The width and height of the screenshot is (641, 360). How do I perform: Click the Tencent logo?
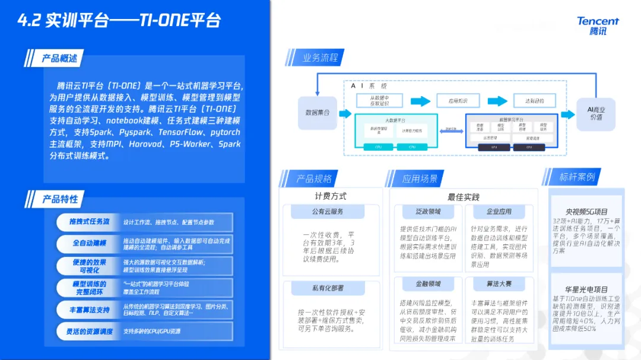point(598,26)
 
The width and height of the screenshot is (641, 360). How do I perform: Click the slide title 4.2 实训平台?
point(119,20)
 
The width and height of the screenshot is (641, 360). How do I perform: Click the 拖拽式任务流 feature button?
point(89,222)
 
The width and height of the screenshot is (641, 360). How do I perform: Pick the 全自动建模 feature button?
point(89,243)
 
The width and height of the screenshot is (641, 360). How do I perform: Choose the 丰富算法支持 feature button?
point(89,310)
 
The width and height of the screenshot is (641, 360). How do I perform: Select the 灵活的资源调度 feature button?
point(89,332)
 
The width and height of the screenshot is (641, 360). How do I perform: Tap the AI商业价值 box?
point(595,113)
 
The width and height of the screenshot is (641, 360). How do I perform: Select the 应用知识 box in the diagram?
point(458,101)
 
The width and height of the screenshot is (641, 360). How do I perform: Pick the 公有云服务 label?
point(328,211)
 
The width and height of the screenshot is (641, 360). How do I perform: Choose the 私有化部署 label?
point(328,288)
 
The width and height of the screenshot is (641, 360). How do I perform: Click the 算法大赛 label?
point(499,283)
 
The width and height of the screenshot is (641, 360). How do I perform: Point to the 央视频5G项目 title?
point(586,211)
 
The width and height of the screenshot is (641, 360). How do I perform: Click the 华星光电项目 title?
point(586,289)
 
